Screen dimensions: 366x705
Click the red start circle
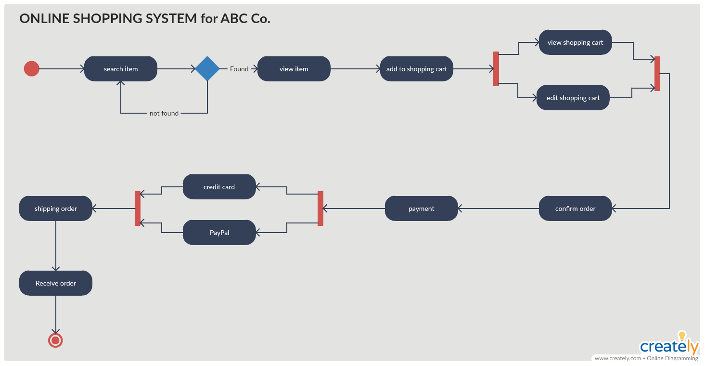tap(31, 69)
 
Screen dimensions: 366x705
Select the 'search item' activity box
tap(121, 69)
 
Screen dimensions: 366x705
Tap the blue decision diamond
tap(207, 69)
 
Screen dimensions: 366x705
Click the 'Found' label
tap(239, 69)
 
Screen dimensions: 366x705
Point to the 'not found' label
tap(164, 113)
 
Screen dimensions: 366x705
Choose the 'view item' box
tap(294, 69)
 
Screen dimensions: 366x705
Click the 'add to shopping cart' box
tap(417, 69)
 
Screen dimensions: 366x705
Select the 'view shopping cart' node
tap(576, 42)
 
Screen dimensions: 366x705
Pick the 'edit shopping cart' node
tap(573, 98)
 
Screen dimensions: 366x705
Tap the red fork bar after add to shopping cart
tap(496, 69)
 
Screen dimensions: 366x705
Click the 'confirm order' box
tap(576, 209)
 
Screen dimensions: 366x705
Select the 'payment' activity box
tap(422, 209)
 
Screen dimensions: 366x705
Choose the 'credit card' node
tap(219, 187)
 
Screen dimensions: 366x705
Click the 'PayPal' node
tap(219, 233)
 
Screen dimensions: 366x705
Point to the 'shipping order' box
tap(56, 209)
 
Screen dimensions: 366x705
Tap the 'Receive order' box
tap(56, 283)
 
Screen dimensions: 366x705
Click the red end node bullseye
tap(56, 340)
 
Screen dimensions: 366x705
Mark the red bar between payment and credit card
tap(320, 209)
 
